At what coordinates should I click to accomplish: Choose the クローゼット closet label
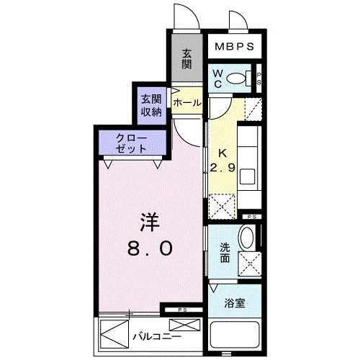pyautogui.click(x=132, y=143)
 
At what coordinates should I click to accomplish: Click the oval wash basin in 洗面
pyautogui.click(x=247, y=238)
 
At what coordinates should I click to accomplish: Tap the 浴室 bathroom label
pyautogui.click(x=235, y=303)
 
